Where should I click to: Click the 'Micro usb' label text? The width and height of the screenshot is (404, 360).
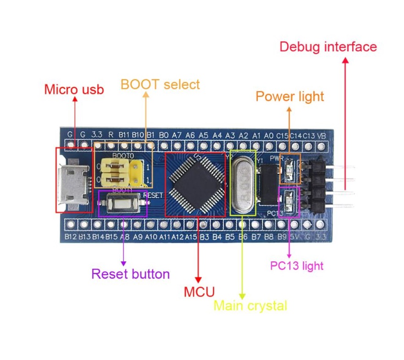tap(74, 89)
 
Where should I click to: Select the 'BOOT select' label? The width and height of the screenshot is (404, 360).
tap(160, 84)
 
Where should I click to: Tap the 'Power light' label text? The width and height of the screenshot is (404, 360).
tap(289, 96)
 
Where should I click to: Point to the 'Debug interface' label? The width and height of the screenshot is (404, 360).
tap(328, 47)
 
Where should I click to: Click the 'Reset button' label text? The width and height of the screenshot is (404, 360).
tap(131, 274)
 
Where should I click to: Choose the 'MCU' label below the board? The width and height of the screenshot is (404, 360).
tap(199, 292)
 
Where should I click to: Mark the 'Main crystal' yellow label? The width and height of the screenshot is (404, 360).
tap(250, 305)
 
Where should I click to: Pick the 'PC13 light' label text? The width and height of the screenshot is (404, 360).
tap(296, 266)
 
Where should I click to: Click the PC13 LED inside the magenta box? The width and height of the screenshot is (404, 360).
tap(289, 200)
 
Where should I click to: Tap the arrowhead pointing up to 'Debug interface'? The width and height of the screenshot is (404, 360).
tap(345, 60)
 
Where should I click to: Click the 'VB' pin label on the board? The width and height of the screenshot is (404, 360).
tap(322, 135)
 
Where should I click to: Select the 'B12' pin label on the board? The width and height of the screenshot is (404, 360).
tap(70, 237)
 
